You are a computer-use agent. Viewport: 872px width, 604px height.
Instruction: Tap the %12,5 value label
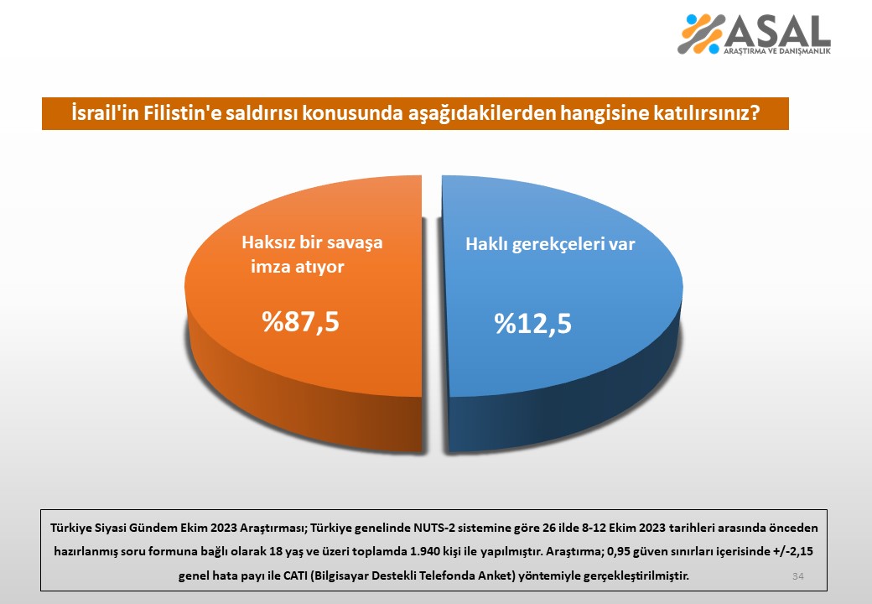coord(532,324)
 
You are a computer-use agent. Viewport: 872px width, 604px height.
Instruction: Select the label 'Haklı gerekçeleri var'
coord(550,245)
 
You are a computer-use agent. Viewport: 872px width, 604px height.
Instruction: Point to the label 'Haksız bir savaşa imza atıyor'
coord(311,254)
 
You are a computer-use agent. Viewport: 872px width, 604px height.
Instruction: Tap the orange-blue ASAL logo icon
coord(701,34)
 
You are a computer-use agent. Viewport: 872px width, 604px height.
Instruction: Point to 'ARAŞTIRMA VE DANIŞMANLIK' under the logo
coord(776,52)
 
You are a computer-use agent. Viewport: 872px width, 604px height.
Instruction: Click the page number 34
coord(797,575)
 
